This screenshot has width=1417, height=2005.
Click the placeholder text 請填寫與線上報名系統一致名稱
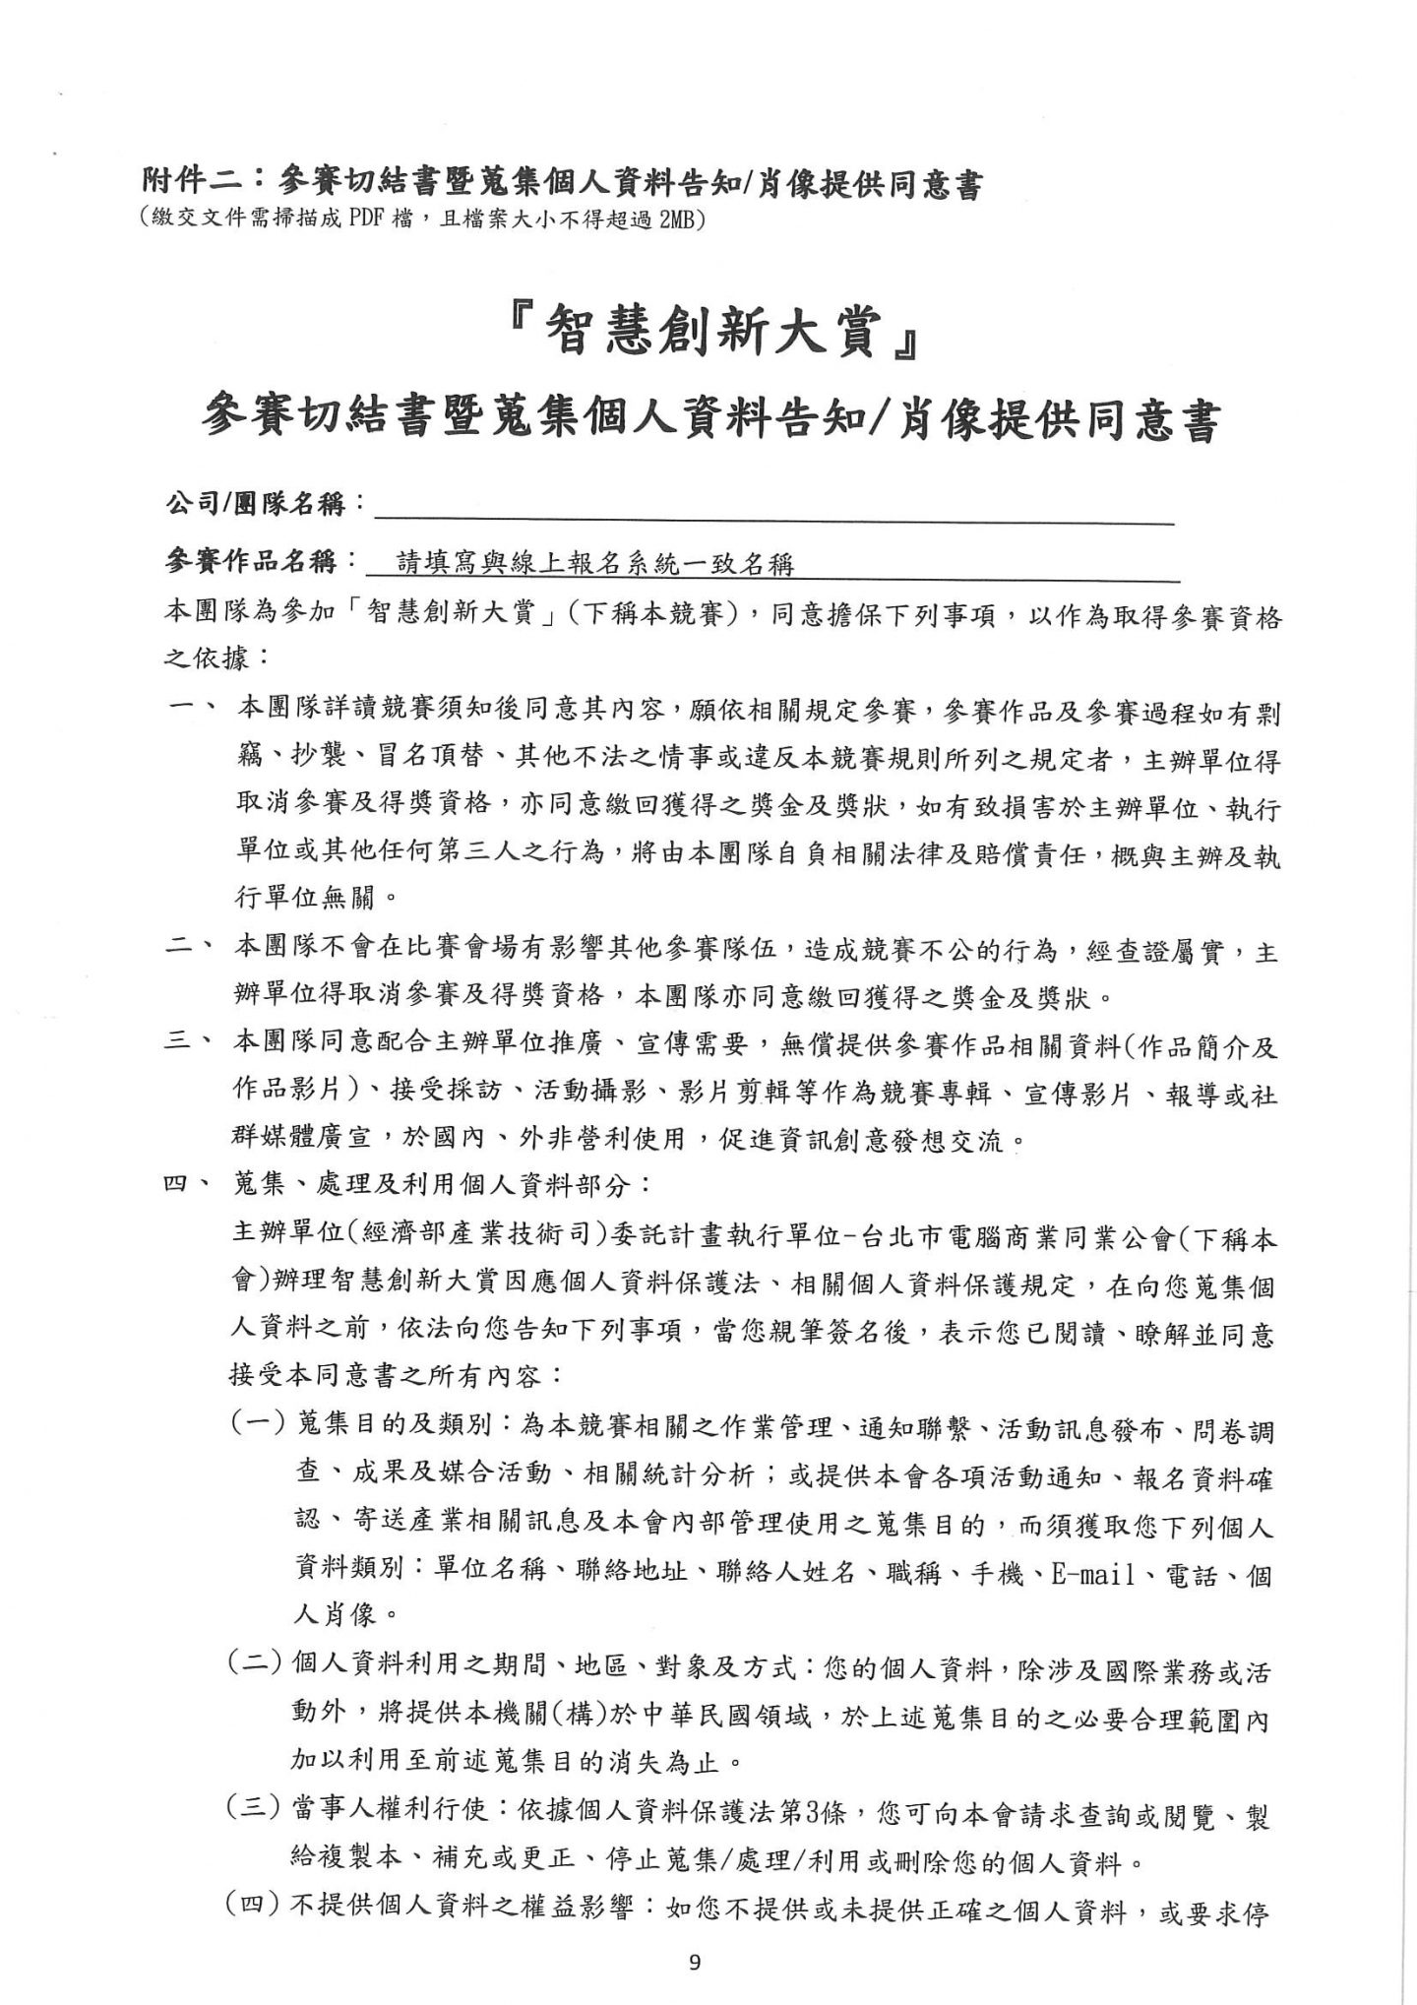coord(594,563)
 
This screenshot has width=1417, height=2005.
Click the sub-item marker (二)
coord(255,1666)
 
